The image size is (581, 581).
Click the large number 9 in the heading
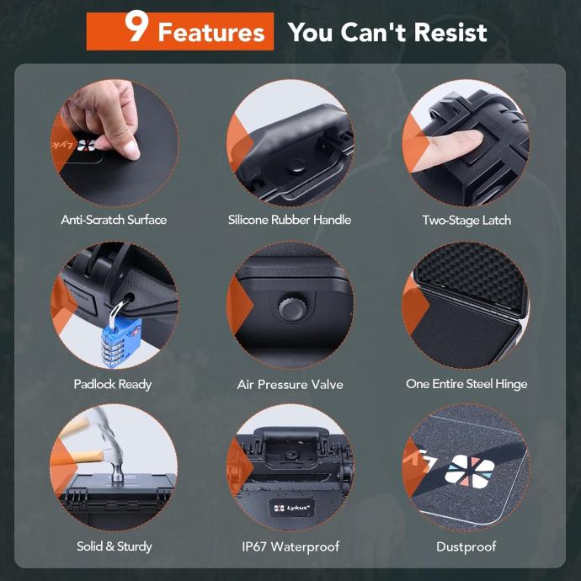[x=136, y=26]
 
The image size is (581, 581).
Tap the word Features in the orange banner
[x=211, y=32]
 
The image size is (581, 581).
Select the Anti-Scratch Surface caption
[x=114, y=220]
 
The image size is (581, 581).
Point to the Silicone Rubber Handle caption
[x=290, y=220]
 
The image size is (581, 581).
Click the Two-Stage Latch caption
[x=466, y=220]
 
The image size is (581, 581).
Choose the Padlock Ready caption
[x=113, y=384]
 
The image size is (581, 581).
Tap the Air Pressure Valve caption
[x=290, y=384]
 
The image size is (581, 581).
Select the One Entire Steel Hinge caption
[x=466, y=384]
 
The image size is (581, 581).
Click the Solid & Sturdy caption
[x=115, y=546]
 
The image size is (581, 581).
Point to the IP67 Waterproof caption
[x=290, y=546]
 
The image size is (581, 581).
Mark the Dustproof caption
[x=466, y=547]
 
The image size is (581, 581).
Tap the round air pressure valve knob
[x=293, y=307]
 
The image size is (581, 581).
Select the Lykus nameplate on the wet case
[x=291, y=508]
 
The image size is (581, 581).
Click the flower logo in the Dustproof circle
[x=470, y=471]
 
